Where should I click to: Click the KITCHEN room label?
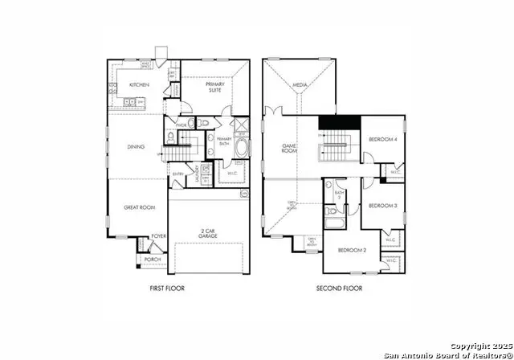(139, 84)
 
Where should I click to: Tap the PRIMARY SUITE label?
(215, 88)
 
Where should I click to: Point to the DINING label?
(136, 146)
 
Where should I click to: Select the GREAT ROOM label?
(138, 207)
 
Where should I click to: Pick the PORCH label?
(153, 260)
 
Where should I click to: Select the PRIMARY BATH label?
(223, 142)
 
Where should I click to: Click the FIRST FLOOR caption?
(167, 288)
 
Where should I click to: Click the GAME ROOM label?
(290, 148)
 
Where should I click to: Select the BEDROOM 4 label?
(383, 140)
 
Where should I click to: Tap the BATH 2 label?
(340, 194)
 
